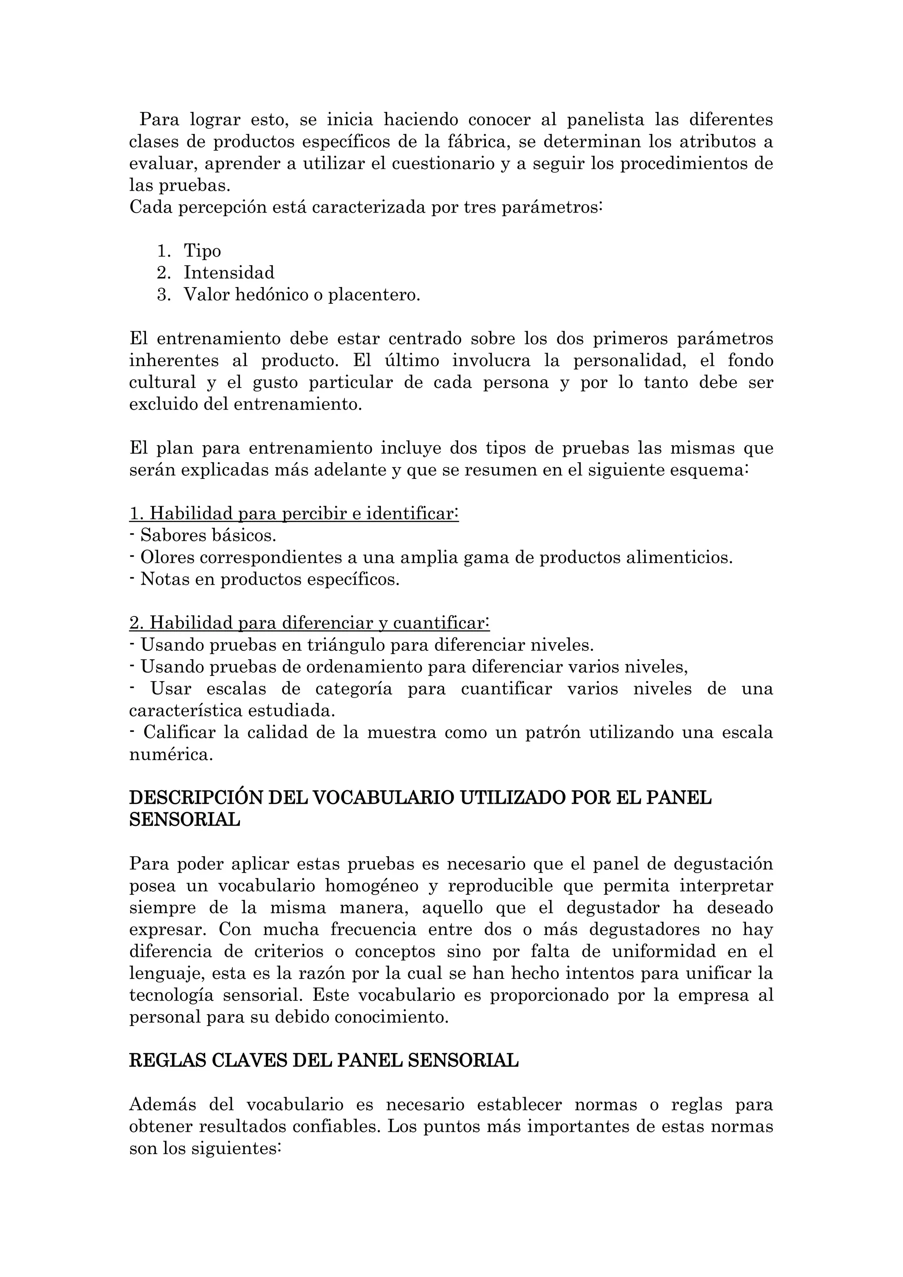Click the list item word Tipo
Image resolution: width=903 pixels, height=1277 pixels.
tap(202, 251)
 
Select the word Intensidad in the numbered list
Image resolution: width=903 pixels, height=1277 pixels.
tap(229, 273)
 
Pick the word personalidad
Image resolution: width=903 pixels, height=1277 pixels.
tap(631, 360)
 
